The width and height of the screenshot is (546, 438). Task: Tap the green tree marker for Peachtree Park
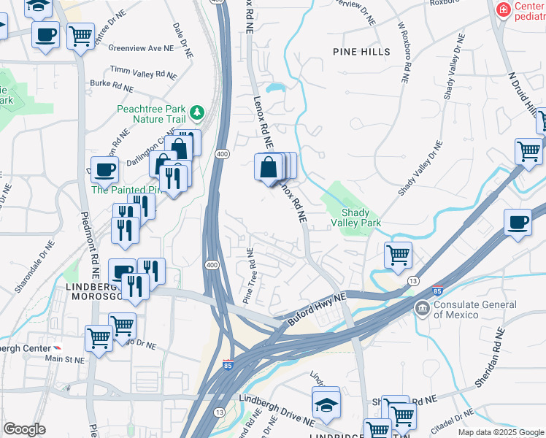pos(196,112)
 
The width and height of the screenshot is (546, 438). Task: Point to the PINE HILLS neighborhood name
pos(361,52)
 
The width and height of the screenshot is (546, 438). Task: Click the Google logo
pos(24,429)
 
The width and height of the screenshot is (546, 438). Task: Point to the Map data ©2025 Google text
pos(500,432)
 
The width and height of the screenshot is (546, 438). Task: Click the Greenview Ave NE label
pos(141,48)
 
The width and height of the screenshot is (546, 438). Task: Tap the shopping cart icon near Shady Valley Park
pos(398,255)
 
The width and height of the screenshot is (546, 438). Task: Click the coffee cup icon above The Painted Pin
pos(104,170)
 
